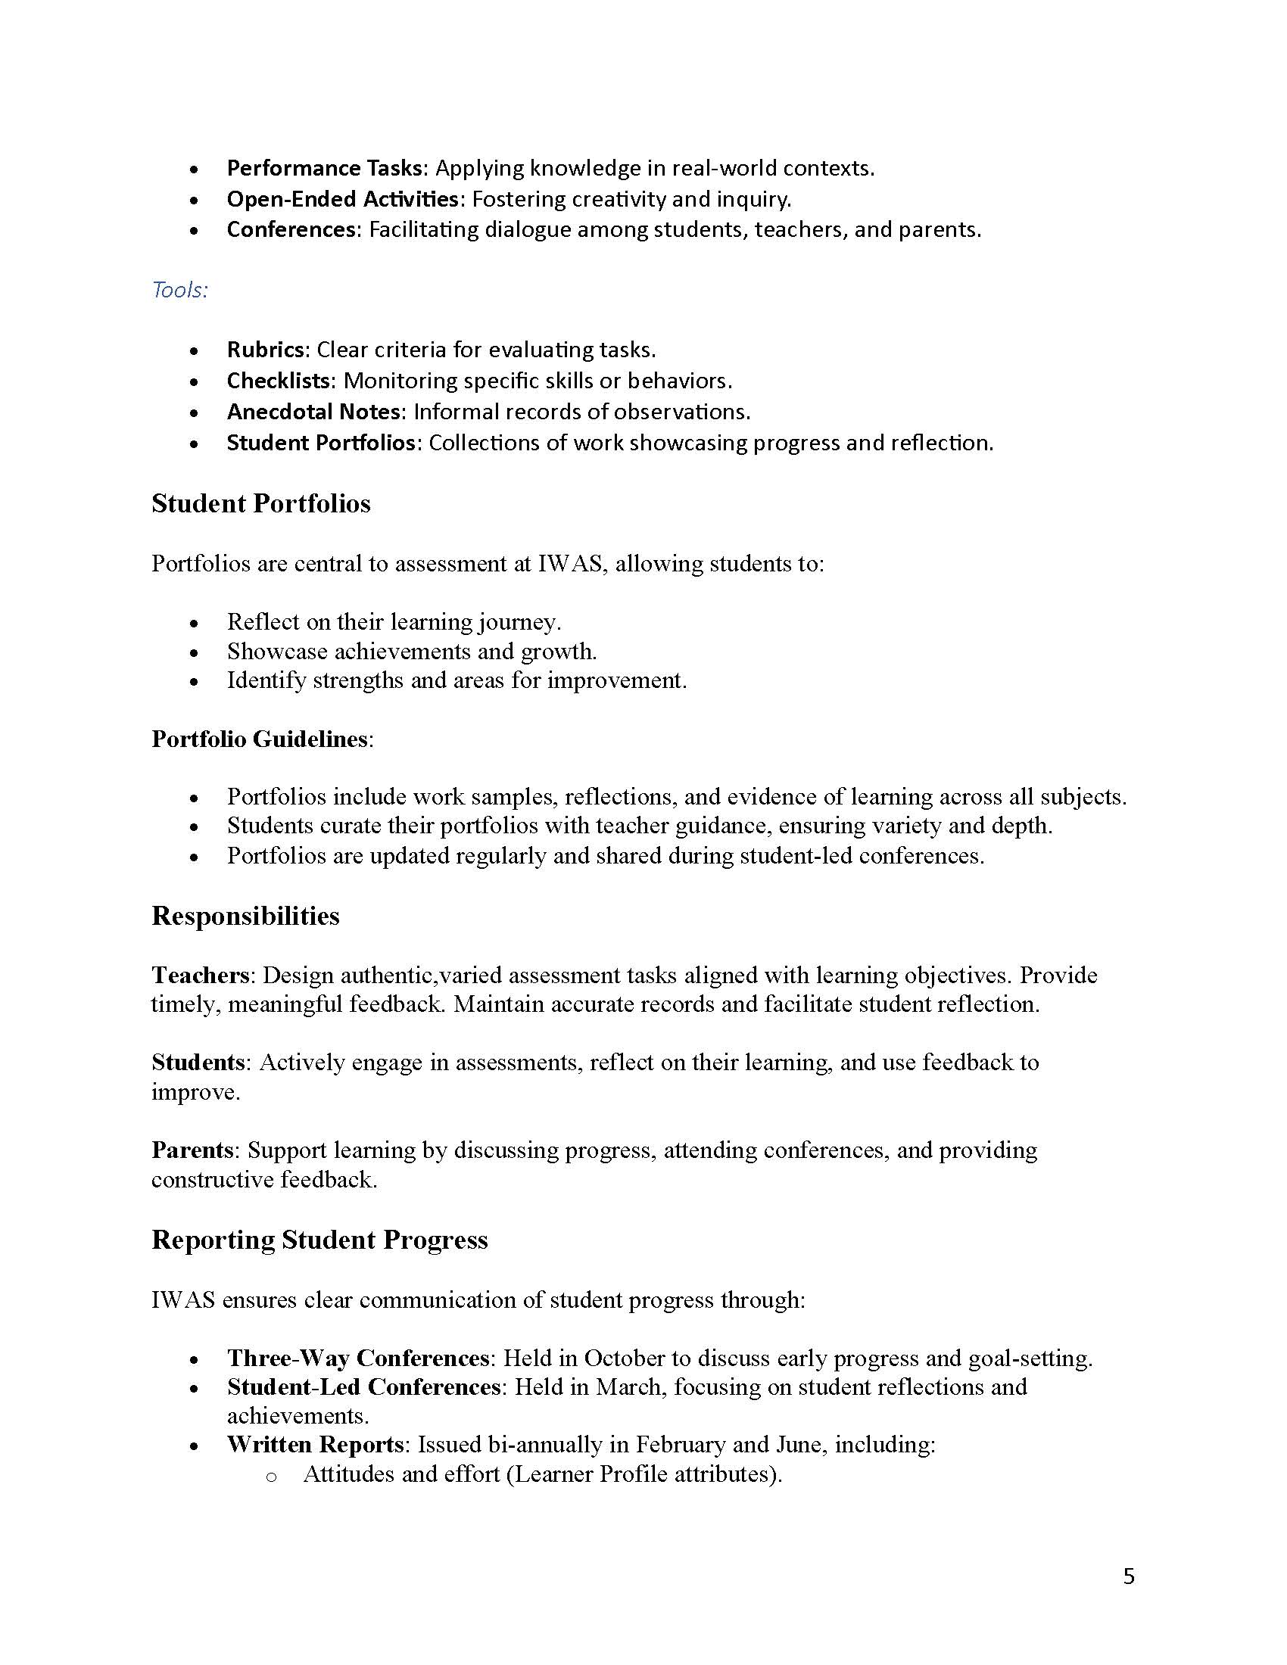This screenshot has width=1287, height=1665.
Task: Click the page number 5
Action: (1129, 1576)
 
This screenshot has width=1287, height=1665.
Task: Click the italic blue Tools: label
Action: (180, 290)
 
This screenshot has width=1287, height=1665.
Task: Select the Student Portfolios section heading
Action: (260, 503)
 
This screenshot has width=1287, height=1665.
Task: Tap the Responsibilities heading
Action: (245, 916)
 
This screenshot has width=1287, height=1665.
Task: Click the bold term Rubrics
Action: (266, 350)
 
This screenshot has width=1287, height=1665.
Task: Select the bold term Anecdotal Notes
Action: (313, 412)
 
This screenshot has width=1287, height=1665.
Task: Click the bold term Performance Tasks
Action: (325, 168)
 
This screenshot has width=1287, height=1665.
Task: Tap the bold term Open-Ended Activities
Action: (342, 199)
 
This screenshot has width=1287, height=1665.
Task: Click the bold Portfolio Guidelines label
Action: (259, 739)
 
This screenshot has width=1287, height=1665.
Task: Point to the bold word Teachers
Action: (201, 975)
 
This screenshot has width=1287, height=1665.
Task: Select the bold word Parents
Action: (192, 1150)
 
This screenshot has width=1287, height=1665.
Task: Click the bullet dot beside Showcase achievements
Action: (195, 652)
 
